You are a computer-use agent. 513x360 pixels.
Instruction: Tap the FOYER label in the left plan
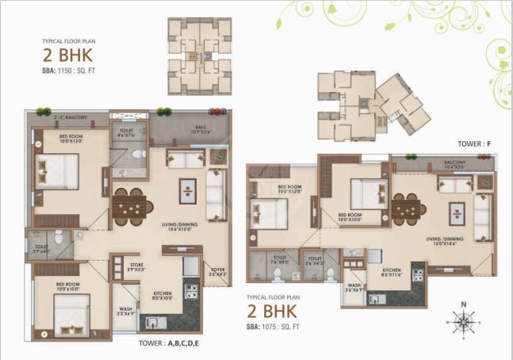[x=217, y=272]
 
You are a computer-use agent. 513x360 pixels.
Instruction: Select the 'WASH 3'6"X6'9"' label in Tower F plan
[x=354, y=288]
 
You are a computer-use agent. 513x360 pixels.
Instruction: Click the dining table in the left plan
[x=131, y=206]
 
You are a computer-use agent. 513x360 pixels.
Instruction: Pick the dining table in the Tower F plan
[x=408, y=210]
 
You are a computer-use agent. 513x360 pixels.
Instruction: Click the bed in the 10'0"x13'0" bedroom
[x=57, y=171]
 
